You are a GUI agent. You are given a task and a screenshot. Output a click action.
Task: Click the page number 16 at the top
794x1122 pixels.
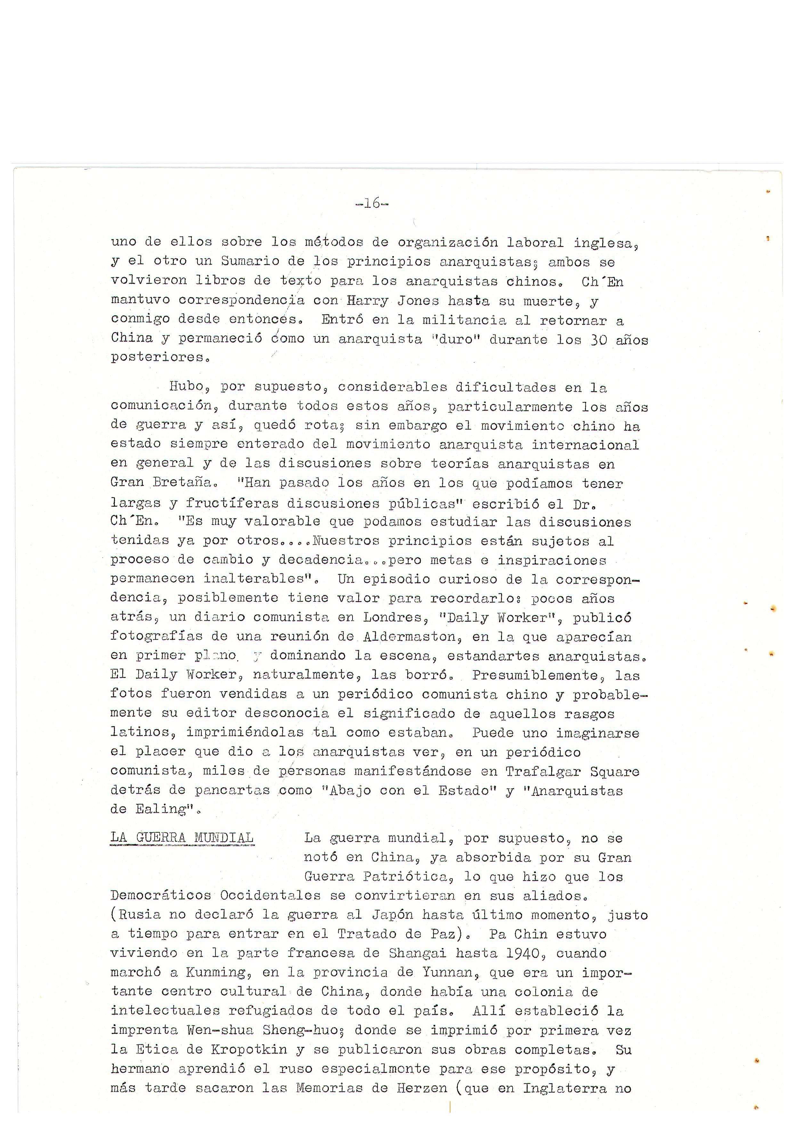[372, 203]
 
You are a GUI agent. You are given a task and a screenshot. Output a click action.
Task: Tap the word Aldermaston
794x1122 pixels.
[412, 636]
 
